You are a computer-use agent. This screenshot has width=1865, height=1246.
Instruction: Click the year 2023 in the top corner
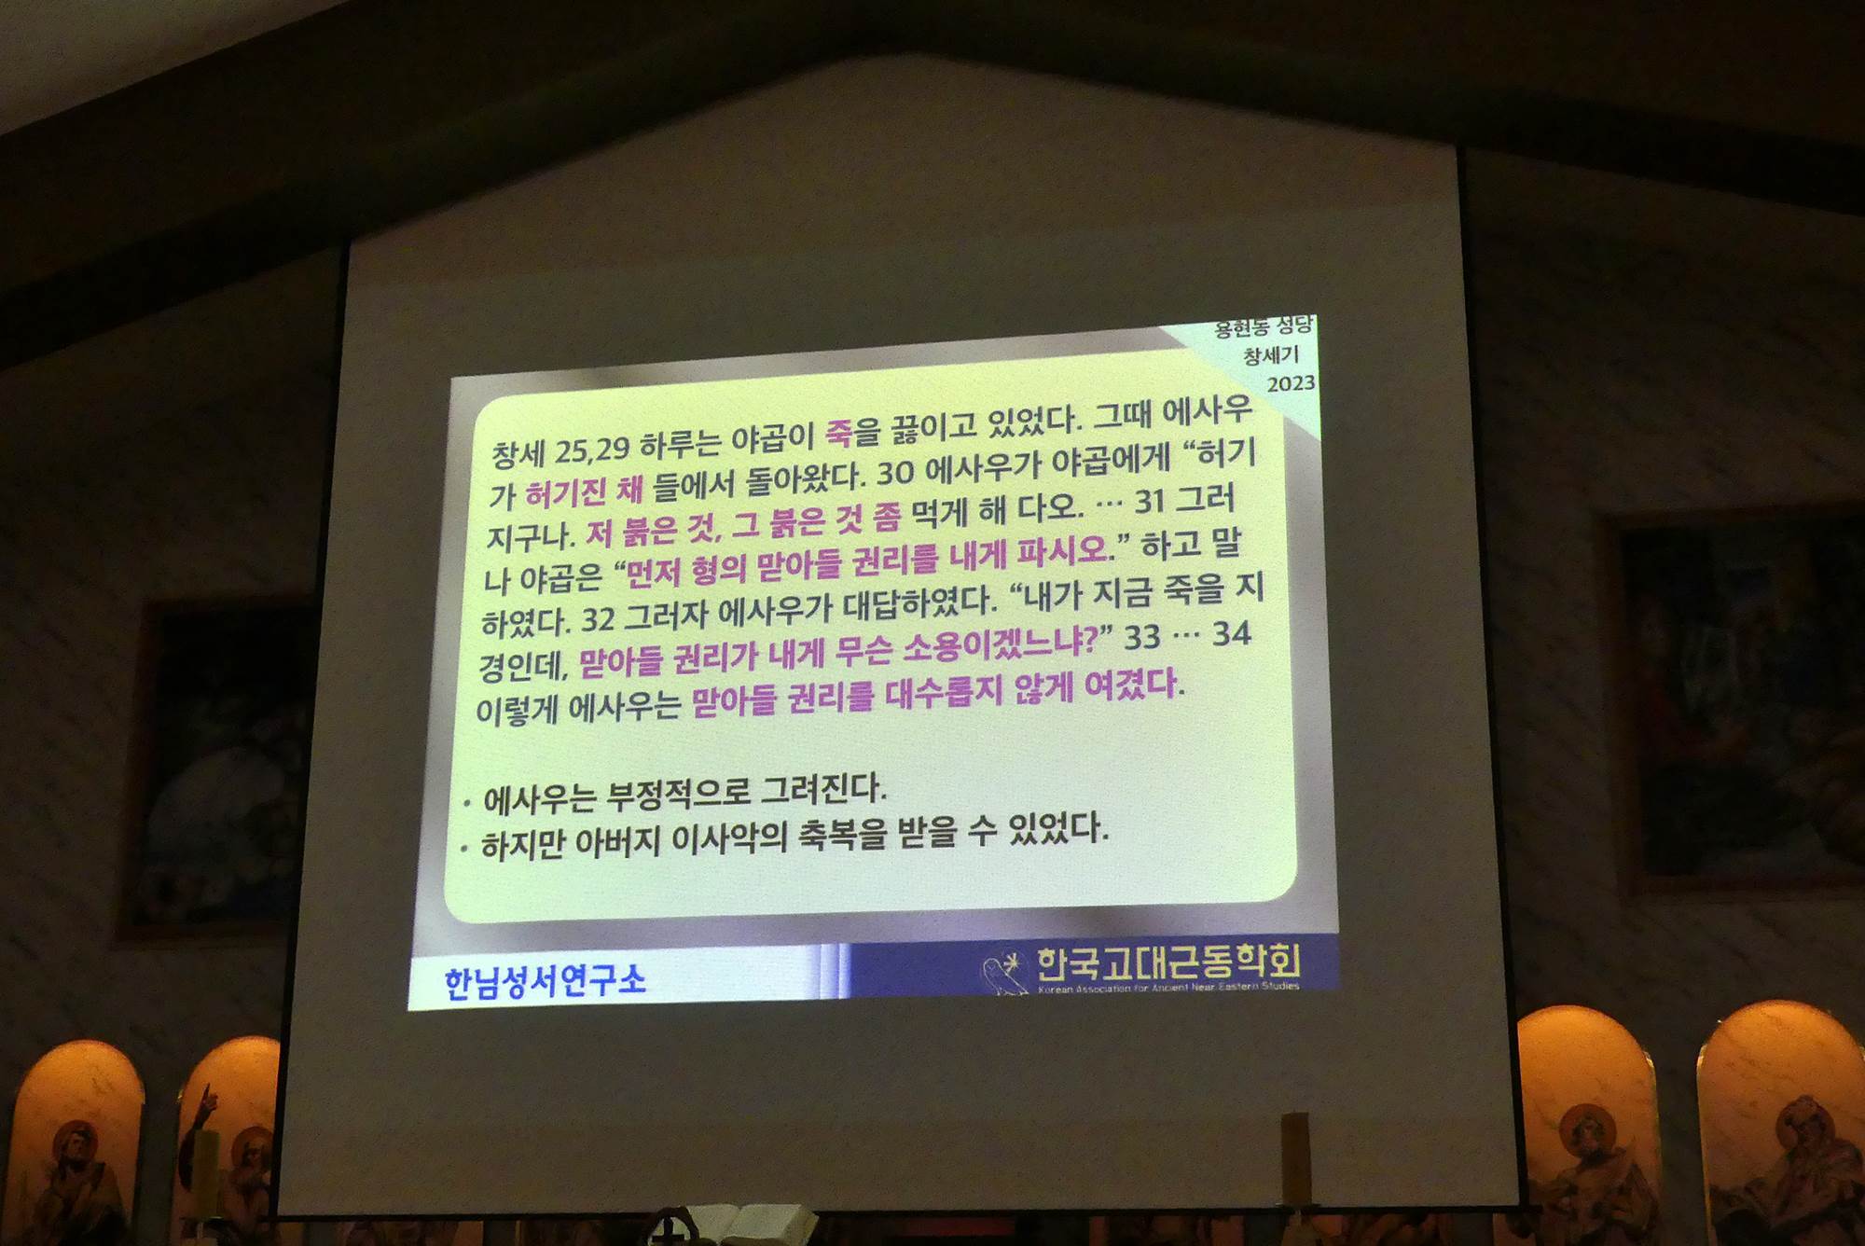pos(1291,383)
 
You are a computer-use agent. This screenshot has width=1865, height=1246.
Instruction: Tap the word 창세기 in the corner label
pos(1270,355)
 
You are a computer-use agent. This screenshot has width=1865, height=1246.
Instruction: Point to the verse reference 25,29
pos(592,450)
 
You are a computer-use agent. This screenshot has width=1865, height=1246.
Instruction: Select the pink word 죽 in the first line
pos(838,434)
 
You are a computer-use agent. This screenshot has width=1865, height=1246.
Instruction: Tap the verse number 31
pos(1151,501)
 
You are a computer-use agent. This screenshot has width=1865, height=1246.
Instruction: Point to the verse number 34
pos(1231,634)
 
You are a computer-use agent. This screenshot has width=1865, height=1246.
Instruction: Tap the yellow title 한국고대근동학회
pos(1168,961)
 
